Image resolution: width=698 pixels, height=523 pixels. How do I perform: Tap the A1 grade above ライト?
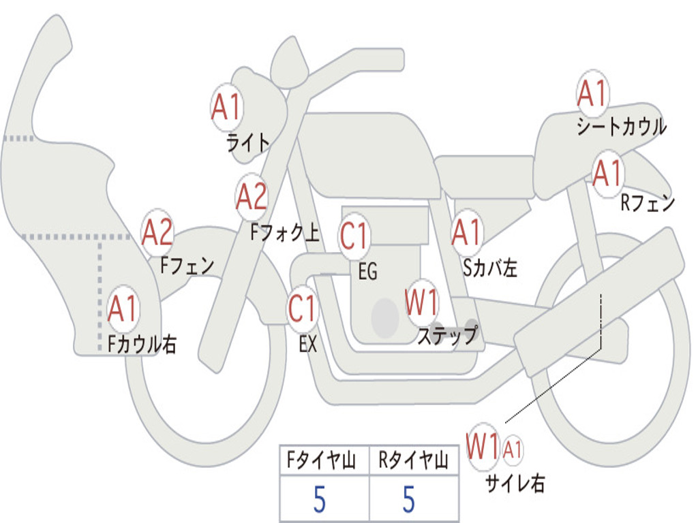coord(226,108)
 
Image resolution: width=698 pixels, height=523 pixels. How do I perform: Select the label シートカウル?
coord(621,127)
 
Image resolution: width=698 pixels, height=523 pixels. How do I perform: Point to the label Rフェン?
coord(647,203)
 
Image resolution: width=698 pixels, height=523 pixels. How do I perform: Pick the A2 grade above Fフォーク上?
coord(252,197)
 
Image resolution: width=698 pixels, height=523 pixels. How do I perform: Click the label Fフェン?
coord(187,265)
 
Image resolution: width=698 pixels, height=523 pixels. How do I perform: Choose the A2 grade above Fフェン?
coord(157,233)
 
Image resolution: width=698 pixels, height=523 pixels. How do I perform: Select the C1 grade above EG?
coord(354,236)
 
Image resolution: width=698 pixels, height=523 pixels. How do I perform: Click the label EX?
coord(308,345)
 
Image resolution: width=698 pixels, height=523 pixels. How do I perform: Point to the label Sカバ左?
coord(489,268)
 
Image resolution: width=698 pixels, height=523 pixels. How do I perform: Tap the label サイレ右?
coord(515,484)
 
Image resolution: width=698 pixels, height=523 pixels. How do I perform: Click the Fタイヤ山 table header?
coord(324,462)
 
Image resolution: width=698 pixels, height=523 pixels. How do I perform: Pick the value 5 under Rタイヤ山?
coord(408,499)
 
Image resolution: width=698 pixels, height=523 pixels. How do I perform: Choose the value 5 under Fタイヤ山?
coord(319,499)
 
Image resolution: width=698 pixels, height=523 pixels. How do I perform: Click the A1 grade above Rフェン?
coord(607,174)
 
